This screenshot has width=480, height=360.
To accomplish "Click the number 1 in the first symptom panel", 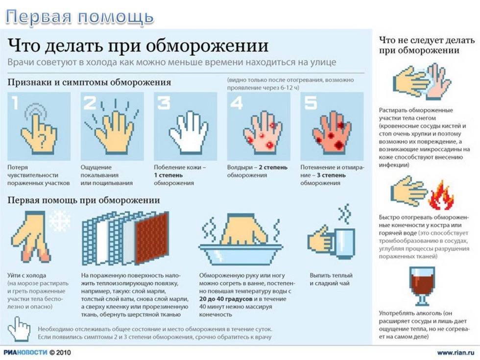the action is tap(14, 103).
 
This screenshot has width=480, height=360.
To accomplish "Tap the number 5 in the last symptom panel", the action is tap(311, 103).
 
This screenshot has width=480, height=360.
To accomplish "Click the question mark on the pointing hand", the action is tap(43, 141).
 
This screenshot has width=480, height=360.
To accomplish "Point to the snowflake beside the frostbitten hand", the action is tap(60, 221).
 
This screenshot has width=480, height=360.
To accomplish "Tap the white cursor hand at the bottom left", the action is tap(19, 329).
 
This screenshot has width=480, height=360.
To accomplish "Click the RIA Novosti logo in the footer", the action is tap(25, 352).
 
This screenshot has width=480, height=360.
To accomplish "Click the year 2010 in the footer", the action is tap(63, 352).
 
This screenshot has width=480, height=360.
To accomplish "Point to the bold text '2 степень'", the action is tap(273, 168).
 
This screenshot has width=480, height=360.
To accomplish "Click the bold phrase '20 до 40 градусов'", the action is tap(226, 299).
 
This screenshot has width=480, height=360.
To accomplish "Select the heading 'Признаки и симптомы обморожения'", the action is tap(89, 83).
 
